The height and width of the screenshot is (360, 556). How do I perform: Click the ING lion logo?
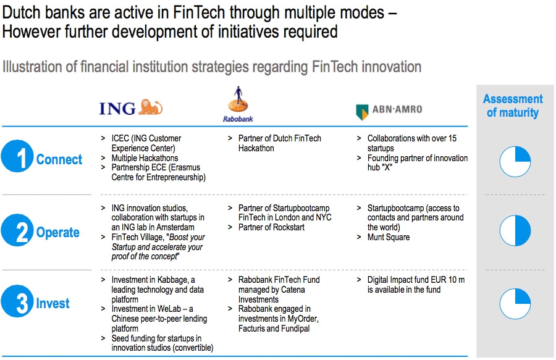pos(150,107)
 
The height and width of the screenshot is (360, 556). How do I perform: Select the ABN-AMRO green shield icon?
pos(362,112)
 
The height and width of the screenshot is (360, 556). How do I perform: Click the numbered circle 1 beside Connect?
pos(17,156)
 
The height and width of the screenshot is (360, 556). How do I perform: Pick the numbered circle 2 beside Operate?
pos(17,230)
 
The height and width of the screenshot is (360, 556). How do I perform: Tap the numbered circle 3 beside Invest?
pos(17,301)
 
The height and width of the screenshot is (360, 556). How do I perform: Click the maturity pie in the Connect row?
pos(515,162)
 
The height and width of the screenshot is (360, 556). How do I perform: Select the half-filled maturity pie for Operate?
pos(515,230)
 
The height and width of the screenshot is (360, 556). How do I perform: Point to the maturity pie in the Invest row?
pos(515,304)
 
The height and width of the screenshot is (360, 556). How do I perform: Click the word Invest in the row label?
pos(53,303)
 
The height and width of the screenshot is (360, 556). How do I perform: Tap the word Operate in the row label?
pos(58,232)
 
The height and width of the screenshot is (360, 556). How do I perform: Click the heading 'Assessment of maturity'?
pos(513,106)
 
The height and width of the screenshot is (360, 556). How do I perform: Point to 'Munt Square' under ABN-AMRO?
pos(389,237)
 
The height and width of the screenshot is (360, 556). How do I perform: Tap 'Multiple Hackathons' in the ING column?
pos(145,158)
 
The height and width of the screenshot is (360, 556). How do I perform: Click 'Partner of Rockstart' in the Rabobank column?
pos(271,227)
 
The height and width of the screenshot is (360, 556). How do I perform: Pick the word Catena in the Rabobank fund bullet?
pos(293,290)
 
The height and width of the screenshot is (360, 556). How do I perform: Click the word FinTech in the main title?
pos(199,12)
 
